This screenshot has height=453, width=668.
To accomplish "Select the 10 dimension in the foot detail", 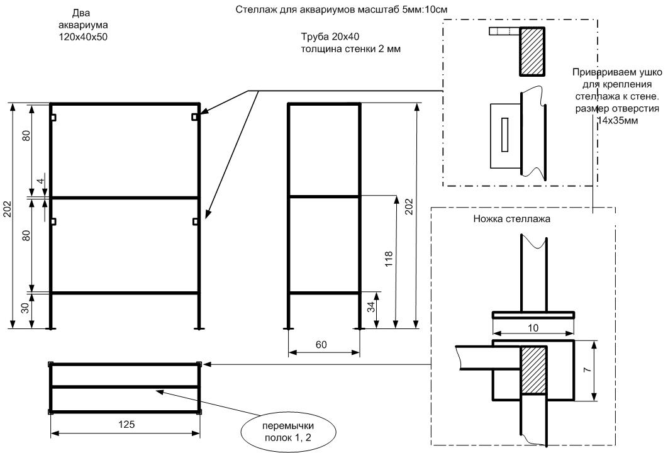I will point(533,327).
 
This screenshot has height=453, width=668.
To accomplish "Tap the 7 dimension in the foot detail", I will point(586,371).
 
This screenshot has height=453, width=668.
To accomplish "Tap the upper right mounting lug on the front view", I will point(196,117).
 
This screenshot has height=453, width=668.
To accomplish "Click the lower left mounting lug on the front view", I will point(54,221).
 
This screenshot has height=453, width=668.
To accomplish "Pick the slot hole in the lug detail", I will point(504,134).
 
